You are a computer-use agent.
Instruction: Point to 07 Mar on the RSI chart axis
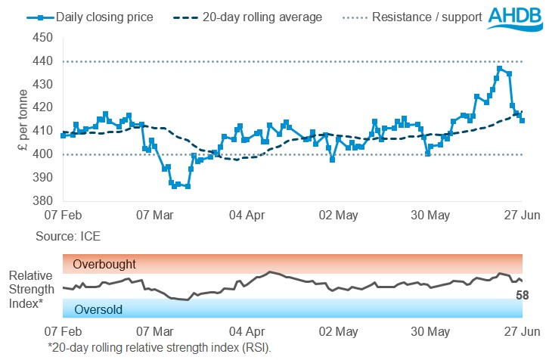[x=155, y=331]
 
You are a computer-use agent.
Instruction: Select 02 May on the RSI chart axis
[x=339, y=331]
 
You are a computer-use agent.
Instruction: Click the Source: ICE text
[x=68, y=237]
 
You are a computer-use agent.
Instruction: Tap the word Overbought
[x=104, y=265]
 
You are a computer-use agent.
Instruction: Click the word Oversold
[x=98, y=309]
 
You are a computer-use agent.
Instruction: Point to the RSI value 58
[x=522, y=295]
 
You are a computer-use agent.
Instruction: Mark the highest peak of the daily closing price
[x=500, y=68]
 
